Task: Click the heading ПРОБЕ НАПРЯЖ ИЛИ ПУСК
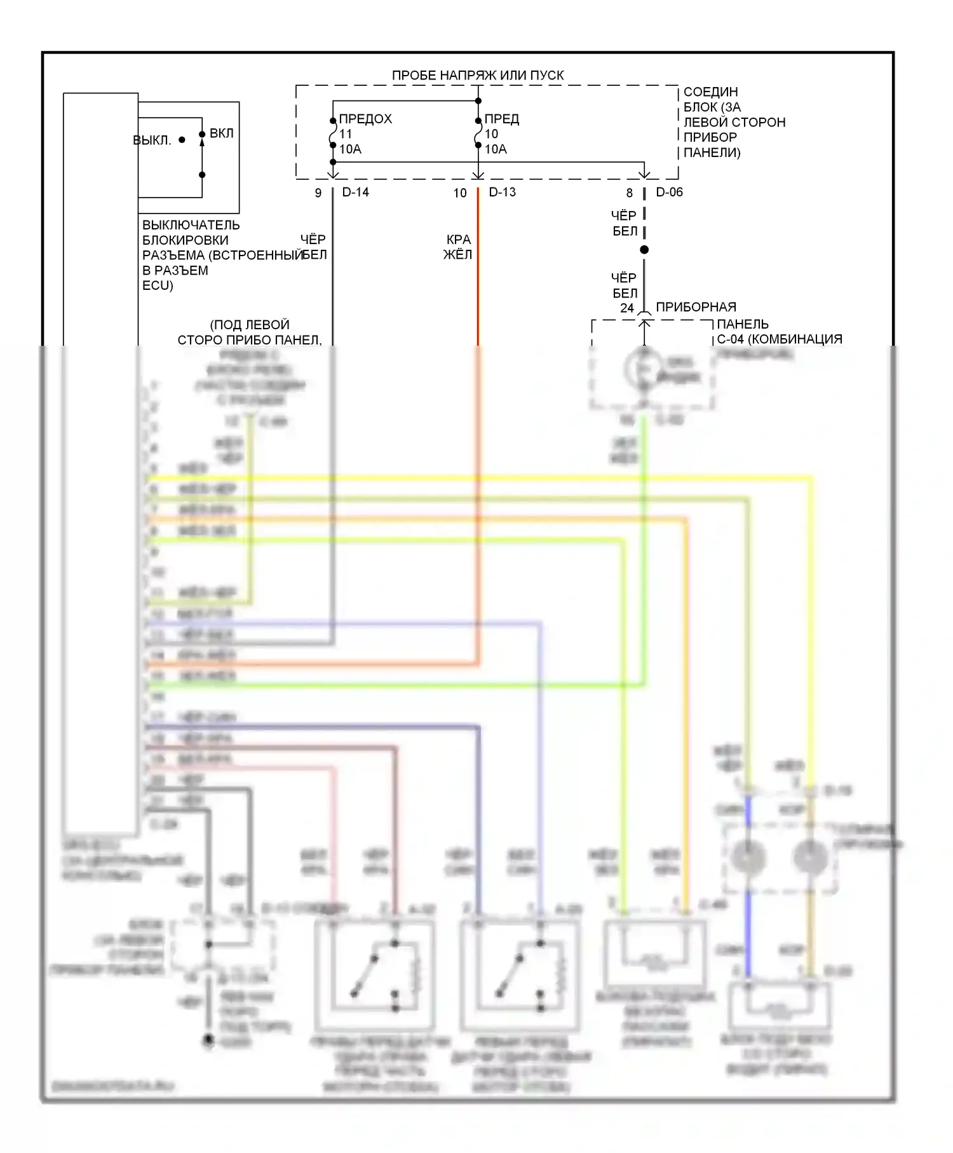click(x=477, y=75)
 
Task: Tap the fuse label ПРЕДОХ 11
click(x=365, y=126)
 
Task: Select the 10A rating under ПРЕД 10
click(x=496, y=149)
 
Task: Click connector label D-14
click(x=355, y=192)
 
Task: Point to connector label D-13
click(x=502, y=192)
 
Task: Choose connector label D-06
click(x=669, y=192)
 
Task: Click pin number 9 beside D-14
click(x=318, y=193)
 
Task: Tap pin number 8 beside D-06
click(x=629, y=193)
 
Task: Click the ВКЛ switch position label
click(x=222, y=133)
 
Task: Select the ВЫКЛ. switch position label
click(x=152, y=140)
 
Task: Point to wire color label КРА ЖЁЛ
click(x=458, y=247)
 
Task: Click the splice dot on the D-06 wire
click(x=644, y=250)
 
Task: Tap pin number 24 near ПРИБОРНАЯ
click(x=627, y=308)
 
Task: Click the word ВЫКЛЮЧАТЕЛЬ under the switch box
click(x=191, y=225)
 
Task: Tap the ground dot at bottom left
click(x=208, y=1040)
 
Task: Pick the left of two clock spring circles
click(x=748, y=857)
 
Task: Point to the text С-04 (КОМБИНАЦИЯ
click(x=779, y=339)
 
